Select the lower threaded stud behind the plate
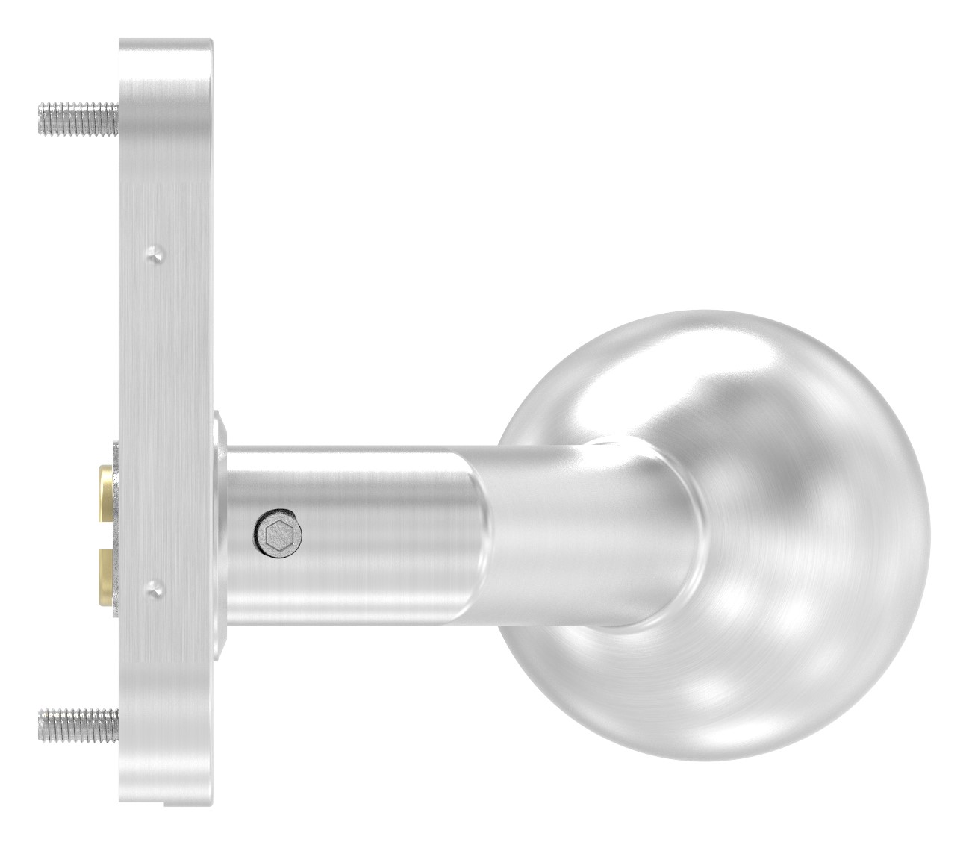tap(78, 723)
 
